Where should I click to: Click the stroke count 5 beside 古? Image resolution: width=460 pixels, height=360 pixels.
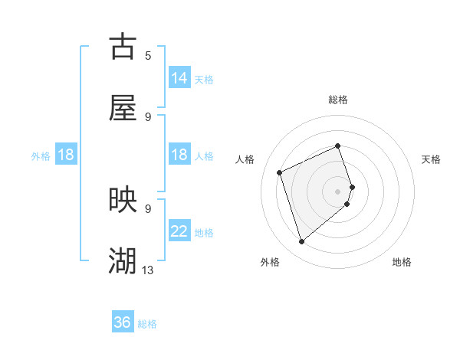pos(148,55)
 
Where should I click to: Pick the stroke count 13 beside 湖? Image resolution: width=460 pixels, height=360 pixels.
pos(148,270)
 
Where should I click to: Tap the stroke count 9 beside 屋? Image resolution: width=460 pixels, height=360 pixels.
pos(148,116)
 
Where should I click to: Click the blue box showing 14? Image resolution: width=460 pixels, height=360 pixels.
pos(179,78)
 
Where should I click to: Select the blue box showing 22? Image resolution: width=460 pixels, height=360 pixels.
pos(179,231)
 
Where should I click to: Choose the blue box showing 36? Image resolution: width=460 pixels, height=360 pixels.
pos(123,323)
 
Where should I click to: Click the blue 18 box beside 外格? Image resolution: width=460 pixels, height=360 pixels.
pos(66,155)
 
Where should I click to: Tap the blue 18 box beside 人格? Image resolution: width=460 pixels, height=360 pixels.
pos(179,155)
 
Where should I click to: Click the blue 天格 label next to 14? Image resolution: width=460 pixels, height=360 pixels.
pos(204,79)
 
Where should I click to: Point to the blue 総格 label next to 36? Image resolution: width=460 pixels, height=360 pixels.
pos(147,324)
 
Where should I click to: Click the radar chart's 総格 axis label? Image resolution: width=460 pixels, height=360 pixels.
pos(338,100)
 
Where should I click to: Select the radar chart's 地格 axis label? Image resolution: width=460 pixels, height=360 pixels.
pos(402,262)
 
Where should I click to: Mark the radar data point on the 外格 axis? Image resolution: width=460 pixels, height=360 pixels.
pos(301,242)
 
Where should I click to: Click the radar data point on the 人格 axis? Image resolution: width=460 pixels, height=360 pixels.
pos(280,172)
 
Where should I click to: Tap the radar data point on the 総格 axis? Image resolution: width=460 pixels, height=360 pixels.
pos(338,146)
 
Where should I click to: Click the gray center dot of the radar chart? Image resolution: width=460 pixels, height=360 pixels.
pos(338,191)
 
